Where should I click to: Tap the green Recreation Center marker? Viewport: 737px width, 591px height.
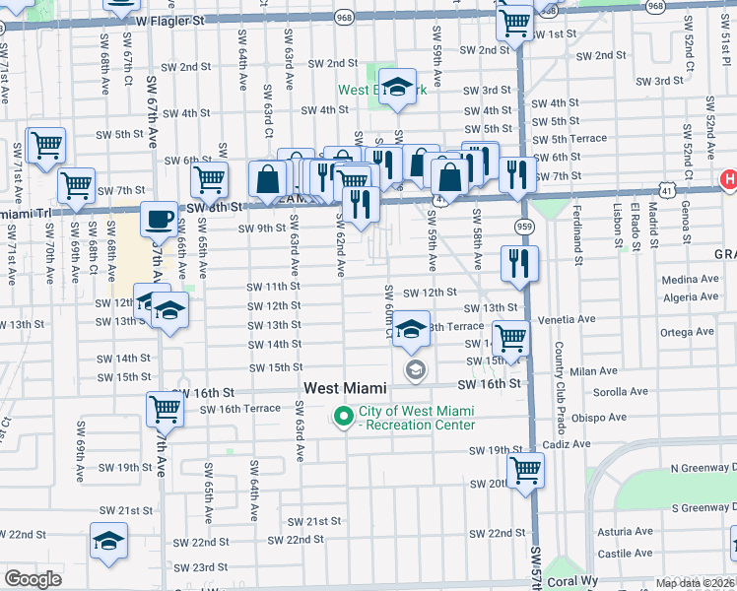click(343, 417)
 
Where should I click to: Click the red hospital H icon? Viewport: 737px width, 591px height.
click(728, 179)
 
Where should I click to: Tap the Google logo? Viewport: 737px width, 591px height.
click(33, 579)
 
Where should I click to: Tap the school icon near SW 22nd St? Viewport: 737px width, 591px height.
click(108, 541)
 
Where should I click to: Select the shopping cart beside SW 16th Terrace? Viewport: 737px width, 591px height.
click(165, 408)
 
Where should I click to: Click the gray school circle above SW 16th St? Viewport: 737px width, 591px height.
click(415, 369)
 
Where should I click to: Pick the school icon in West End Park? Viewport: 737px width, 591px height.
click(398, 88)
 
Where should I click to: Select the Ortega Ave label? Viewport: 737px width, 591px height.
click(687, 332)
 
